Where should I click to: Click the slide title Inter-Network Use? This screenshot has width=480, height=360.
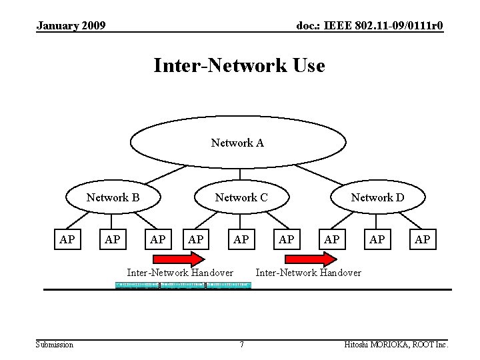point(239,66)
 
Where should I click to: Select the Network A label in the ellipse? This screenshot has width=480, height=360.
point(237,143)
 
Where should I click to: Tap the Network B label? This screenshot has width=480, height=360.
point(113,197)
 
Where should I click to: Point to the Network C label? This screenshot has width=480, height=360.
point(241,197)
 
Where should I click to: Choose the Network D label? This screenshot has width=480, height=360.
point(377,197)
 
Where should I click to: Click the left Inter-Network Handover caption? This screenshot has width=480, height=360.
point(180,272)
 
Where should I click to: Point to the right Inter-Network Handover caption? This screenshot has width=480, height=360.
point(309,272)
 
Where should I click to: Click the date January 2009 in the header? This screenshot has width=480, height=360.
point(71,26)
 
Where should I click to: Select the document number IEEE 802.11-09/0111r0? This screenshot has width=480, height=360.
point(370,26)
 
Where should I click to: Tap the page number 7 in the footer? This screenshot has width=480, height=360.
point(241,345)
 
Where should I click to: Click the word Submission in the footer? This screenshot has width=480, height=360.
point(55,345)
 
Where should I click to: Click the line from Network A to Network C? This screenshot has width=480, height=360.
point(239,170)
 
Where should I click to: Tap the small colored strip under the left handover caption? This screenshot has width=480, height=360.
point(183,285)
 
